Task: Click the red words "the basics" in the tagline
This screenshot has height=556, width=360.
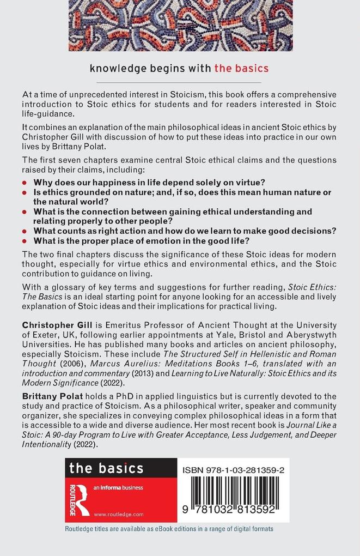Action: pyautogui.click(x=241, y=69)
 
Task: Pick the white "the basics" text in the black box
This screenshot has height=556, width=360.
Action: pyautogui.click(x=105, y=468)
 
